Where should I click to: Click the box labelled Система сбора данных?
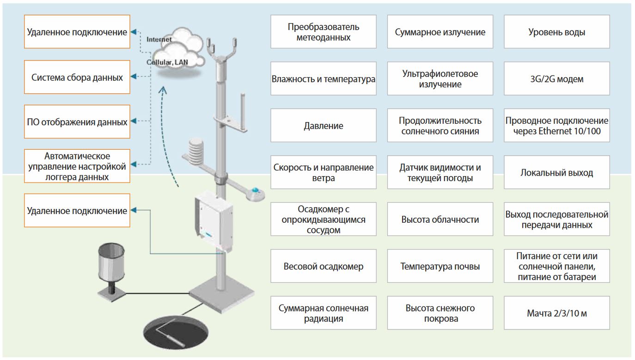77,77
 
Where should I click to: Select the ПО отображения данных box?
77,122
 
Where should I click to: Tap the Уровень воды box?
556,32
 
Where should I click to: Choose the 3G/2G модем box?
556,79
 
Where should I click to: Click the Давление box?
324,126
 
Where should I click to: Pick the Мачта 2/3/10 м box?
556,313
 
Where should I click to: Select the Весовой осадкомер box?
324,266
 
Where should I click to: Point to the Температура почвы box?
440,266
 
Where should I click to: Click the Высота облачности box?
440,220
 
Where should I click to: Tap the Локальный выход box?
556,173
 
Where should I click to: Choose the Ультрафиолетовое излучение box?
440,79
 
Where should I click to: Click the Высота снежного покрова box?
440,313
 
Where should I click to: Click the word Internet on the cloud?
159,40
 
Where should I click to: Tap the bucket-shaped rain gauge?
111,262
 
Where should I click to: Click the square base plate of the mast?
222,295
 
